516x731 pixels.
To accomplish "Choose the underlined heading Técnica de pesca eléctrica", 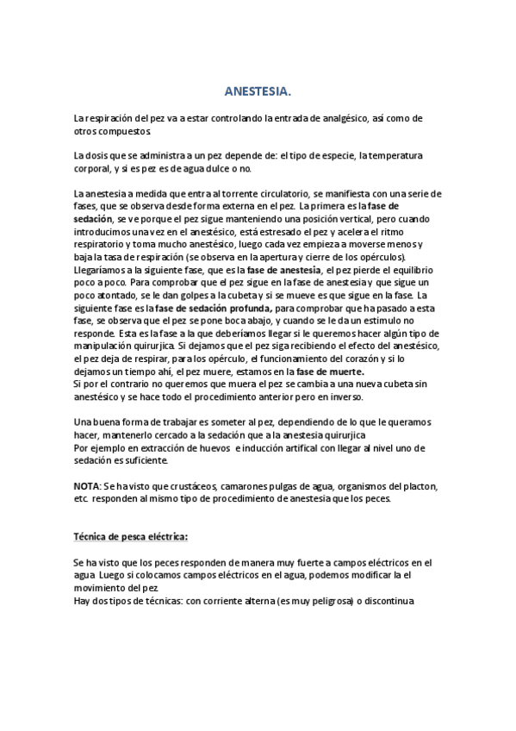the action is click(130, 537).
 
